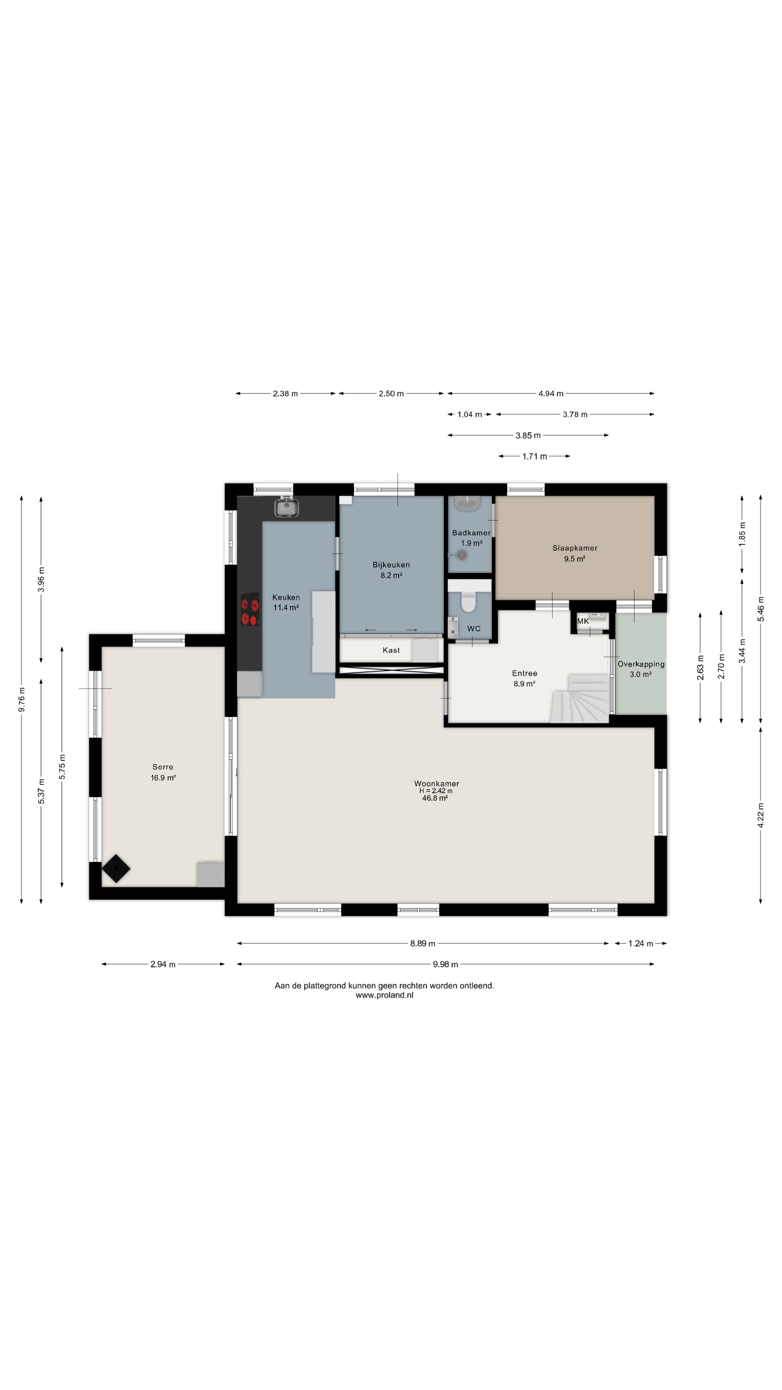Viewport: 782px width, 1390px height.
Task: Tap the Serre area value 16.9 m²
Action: pyautogui.click(x=163, y=778)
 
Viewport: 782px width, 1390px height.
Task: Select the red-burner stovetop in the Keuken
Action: pyautogui.click(x=249, y=610)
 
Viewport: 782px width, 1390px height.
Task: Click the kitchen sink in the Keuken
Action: pyautogui.click(x=287, y=507)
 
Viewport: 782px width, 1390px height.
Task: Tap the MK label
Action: pyautogui.click(x=583, y=621)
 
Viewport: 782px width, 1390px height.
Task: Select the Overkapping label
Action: pyautogui.click(x=641, y=664)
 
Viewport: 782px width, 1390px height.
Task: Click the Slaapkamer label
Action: pyautogui.click(x=575, y=548)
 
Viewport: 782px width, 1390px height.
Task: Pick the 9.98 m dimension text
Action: pyautogui.click(x=445, y=964)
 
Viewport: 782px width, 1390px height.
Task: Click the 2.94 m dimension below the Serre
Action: pyautogui.click(x=163, y=964)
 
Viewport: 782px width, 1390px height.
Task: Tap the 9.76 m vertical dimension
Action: pyautogui.click(x=22, y=699)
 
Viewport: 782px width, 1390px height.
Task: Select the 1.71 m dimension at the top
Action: pyautogui.click(x=534, y=456)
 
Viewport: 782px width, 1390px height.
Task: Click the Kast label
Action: pyautogui.click(x=391, y=650)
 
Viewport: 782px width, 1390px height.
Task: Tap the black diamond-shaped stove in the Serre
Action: pyautogui.click(x=116, y=869)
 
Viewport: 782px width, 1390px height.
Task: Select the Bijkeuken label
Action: pyautogui.click(x=391, y=565)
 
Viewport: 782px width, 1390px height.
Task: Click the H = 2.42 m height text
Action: pyautogui.click(x=436, y=791)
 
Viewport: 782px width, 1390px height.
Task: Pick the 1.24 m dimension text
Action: pyautogui.click(x=640, y=944)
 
